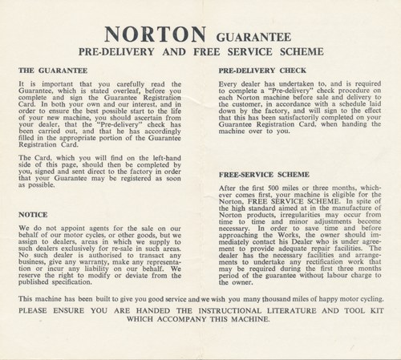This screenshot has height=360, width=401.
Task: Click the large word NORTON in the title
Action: point(157,36)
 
